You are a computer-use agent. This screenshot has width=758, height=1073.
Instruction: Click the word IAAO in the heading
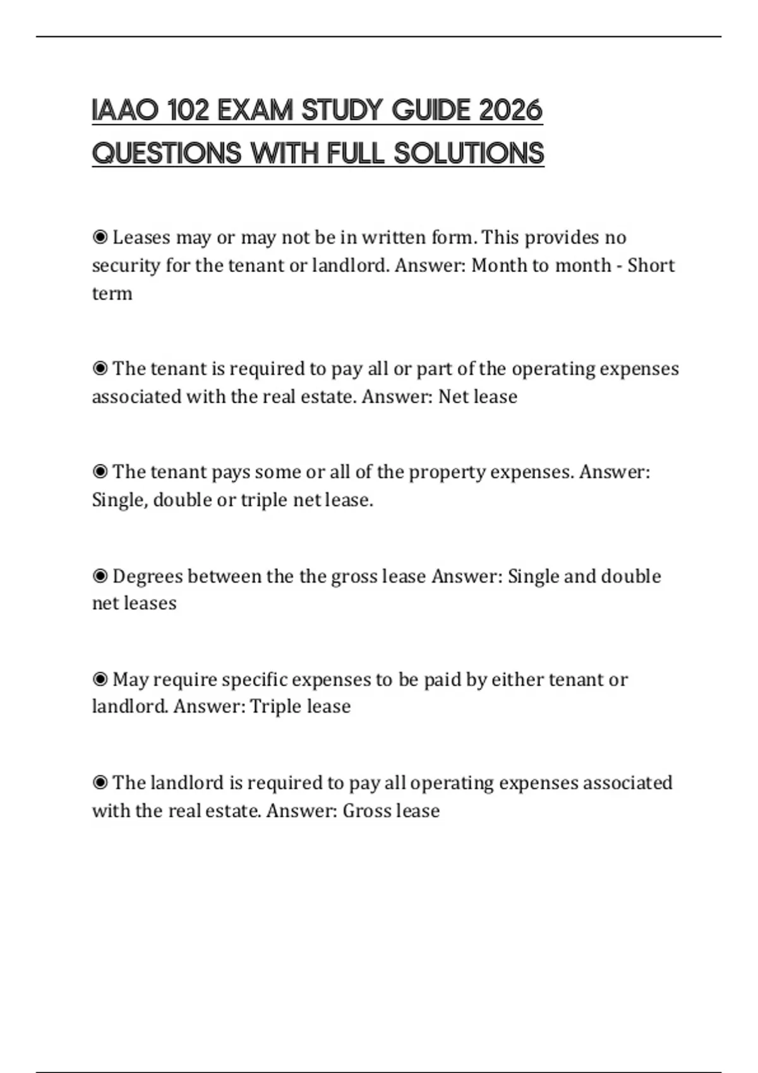[x=125, y=110]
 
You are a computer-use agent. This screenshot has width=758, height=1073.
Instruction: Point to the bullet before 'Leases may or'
[x=100, y=237]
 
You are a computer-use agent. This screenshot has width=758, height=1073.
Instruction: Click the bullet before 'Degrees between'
[x=100, y=576]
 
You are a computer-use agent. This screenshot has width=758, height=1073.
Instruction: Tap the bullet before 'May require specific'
[x=100, y=679]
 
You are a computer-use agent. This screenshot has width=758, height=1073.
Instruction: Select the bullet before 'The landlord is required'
[x=100, y=783]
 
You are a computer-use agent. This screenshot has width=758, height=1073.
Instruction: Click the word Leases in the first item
[x=141, y=237]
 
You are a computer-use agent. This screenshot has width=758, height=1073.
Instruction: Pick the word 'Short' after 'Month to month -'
[x=651, y=265]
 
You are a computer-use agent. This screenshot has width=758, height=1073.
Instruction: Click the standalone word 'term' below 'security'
[x=112, y=293]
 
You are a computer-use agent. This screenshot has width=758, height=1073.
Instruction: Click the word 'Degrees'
[x=147, y=576]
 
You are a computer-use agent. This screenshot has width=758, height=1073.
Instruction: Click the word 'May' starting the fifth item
[x=130, y=680]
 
